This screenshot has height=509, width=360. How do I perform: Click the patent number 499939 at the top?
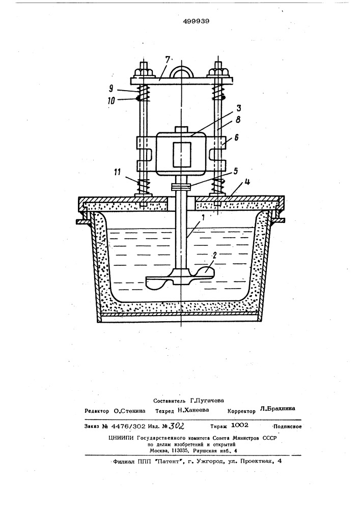[x=196, y=21]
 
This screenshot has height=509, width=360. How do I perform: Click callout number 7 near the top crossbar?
[x=167, y=60]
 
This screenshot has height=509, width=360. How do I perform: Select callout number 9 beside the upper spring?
[x=112, y=88]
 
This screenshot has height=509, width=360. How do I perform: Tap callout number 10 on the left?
[x=112, y=101]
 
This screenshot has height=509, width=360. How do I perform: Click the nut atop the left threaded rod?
[x=143, y=71]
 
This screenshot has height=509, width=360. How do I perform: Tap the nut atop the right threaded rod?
[x=220, y=71]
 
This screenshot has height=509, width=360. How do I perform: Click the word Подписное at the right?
[x=287, y=427]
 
